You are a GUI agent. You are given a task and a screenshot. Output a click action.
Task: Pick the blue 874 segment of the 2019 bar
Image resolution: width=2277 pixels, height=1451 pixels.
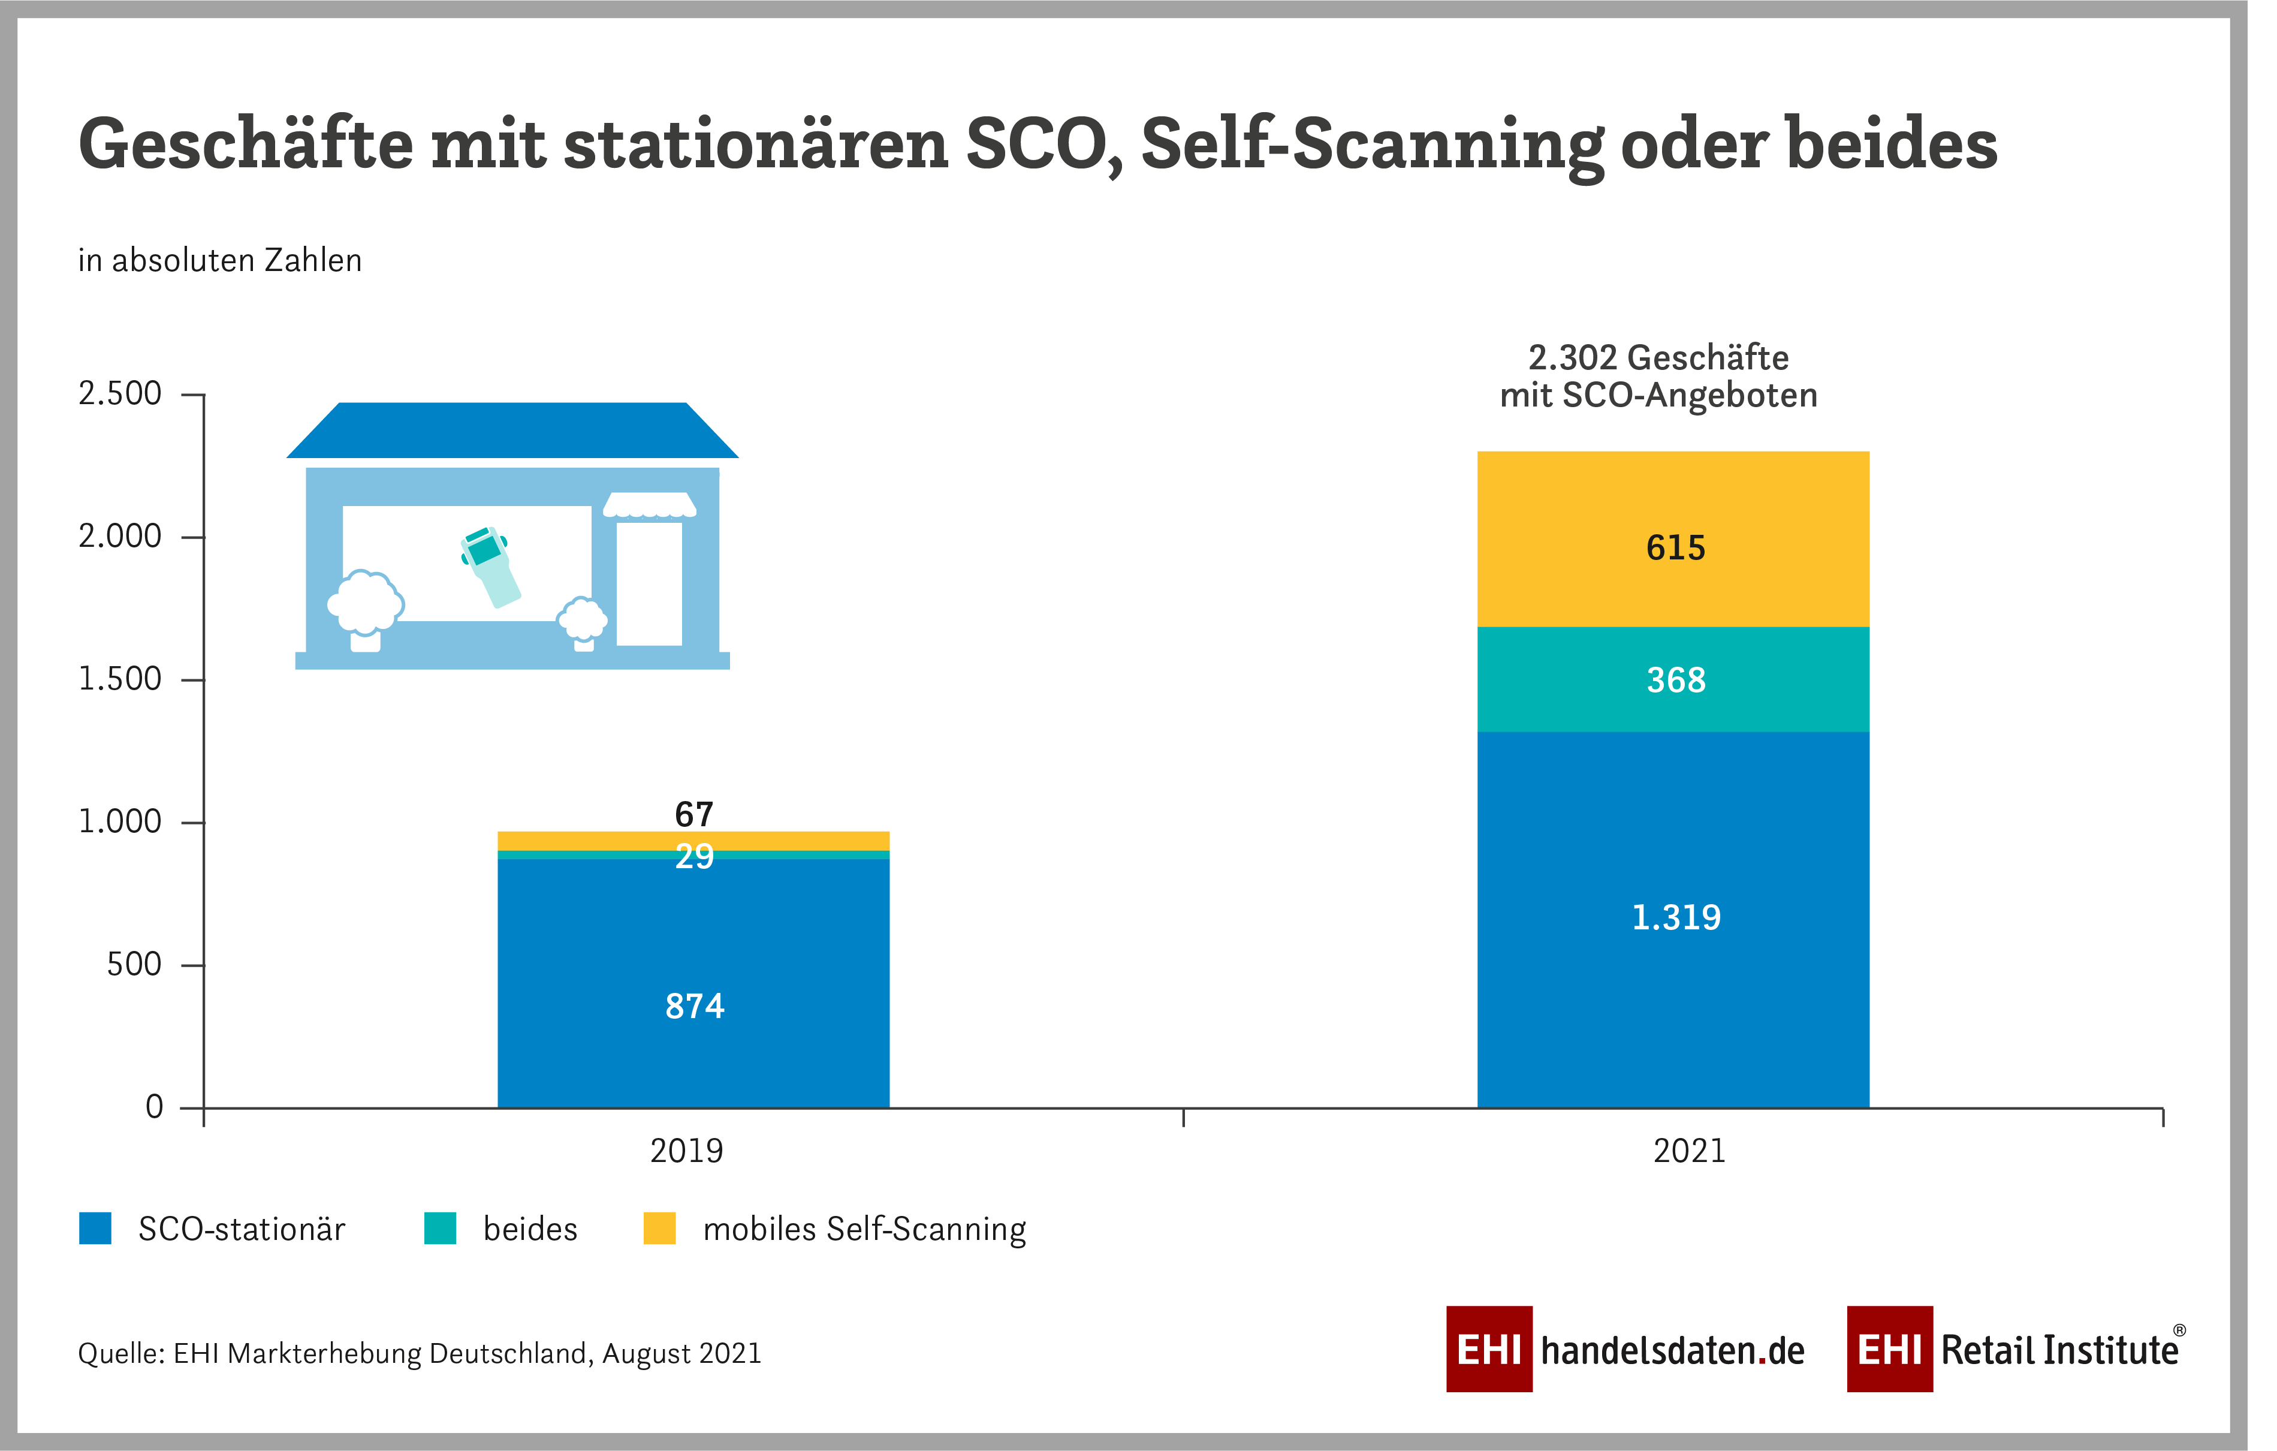693,984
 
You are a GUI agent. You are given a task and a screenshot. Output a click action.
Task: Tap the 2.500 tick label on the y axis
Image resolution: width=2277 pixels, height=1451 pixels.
120,393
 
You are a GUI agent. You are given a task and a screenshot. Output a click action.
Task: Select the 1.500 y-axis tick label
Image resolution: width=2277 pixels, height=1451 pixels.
120,679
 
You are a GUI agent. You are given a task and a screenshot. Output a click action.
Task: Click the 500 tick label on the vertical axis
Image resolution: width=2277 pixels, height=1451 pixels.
134,965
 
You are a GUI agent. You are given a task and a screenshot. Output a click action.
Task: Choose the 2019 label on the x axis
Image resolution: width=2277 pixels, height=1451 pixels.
686,1151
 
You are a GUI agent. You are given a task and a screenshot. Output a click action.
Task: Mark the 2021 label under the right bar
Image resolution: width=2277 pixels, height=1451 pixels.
1689,1151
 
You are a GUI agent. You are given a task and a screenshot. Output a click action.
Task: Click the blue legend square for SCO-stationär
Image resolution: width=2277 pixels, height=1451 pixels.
95,1228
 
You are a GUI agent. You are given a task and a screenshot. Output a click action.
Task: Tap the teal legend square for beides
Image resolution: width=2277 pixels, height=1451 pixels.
441,1228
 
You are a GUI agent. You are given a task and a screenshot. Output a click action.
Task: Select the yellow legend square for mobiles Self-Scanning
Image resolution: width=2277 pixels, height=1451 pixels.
659,1228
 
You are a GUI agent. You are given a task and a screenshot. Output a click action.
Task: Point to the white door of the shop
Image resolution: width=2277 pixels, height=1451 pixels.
649,583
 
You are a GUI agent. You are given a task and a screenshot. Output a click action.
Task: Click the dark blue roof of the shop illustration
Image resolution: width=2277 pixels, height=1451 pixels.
512,431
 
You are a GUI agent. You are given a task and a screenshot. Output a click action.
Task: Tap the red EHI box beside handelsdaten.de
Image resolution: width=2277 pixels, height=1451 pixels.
1488,1349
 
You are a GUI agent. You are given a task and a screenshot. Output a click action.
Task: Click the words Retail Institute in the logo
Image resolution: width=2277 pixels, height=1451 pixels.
2059,1350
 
